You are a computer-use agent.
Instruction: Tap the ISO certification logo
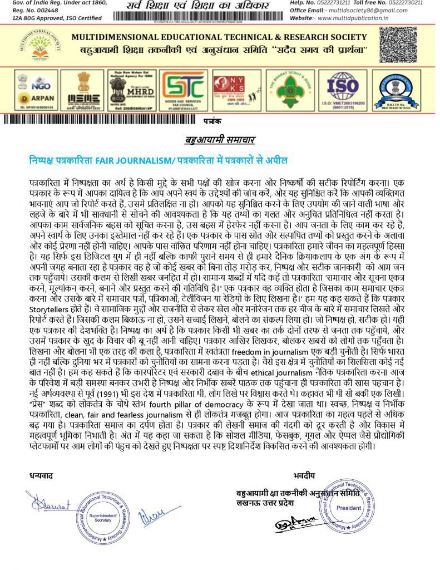pyautogui.click(x=346, y=89)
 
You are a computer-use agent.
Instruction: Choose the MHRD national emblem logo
pyautogui.click(x=132, y=89)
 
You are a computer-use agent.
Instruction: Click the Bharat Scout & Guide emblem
pyautogui.click(x=290, y=90)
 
